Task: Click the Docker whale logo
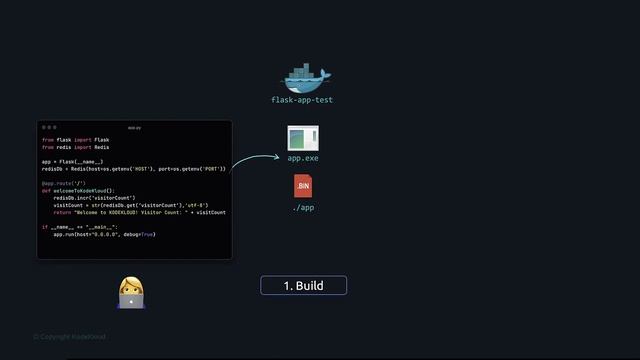point(303,77)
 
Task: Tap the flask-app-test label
point(303,100)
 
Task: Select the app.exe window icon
point(303,139)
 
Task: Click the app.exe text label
point(303,158)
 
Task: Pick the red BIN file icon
point(303,187)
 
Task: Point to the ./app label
point(303,207)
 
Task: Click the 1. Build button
point(303,286)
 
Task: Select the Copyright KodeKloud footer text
point(69,336)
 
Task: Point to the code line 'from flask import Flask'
point(76,140)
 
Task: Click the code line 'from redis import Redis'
point(76,147)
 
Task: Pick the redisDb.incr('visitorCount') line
point(94,198)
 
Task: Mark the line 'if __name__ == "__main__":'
point(80,227)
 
